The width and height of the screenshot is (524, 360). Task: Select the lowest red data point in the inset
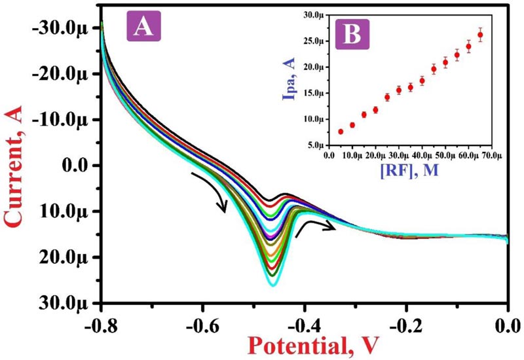click(341, 132)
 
